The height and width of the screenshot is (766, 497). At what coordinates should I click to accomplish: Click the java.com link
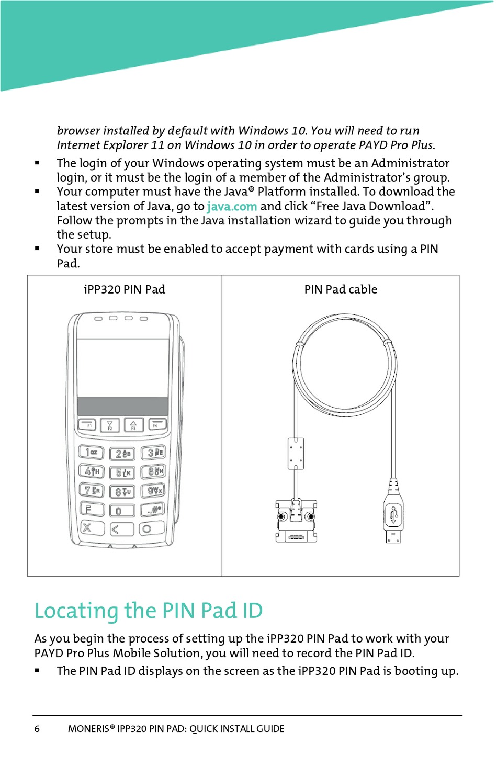(232, 207)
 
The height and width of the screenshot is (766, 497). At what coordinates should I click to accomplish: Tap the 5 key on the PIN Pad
(122, 472)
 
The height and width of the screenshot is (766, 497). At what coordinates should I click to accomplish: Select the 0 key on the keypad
(122, 510)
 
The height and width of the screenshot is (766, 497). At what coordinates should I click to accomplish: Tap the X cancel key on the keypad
(92, 528)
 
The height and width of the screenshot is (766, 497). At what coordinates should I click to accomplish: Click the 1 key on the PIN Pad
(91, 452)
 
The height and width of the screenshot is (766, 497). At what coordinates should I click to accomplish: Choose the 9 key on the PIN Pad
(153, 490)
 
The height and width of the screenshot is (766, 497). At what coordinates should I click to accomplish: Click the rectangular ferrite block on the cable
(296, 453)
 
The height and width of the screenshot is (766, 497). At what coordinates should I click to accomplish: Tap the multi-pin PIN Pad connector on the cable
(296, 521)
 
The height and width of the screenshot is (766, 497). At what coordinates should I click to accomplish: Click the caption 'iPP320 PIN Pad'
(125, 289)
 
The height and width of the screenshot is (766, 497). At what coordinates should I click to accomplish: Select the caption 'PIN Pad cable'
(341, 289)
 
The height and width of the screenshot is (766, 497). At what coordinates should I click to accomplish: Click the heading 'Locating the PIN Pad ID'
(149, 611)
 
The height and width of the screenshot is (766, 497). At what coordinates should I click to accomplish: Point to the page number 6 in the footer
(37, 729)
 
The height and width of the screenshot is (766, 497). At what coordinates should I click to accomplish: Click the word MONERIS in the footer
(88, 729)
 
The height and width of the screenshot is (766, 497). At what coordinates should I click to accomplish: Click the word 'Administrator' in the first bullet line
(410, 163)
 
